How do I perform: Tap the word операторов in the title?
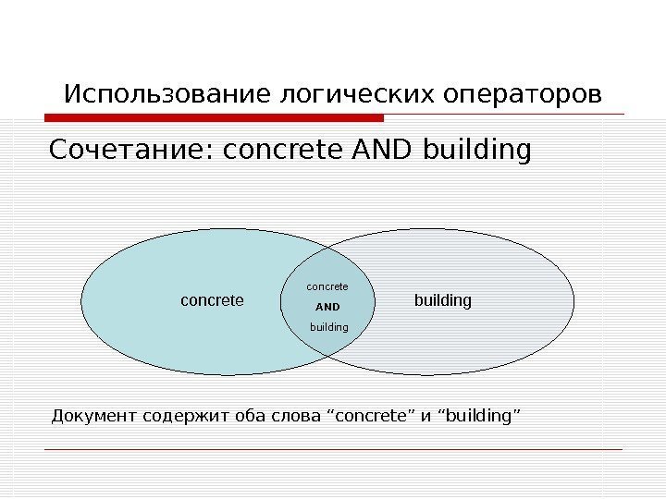[x=523, y=94]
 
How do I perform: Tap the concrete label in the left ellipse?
[x=212, y=300]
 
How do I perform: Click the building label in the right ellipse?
[x=442, y=300]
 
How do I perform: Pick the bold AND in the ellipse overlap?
[x=327, y=306]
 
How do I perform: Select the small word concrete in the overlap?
[x=327, y=286]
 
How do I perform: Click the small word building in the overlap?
[x=328, y=327]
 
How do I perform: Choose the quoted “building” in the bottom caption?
[x=478, y=417]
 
